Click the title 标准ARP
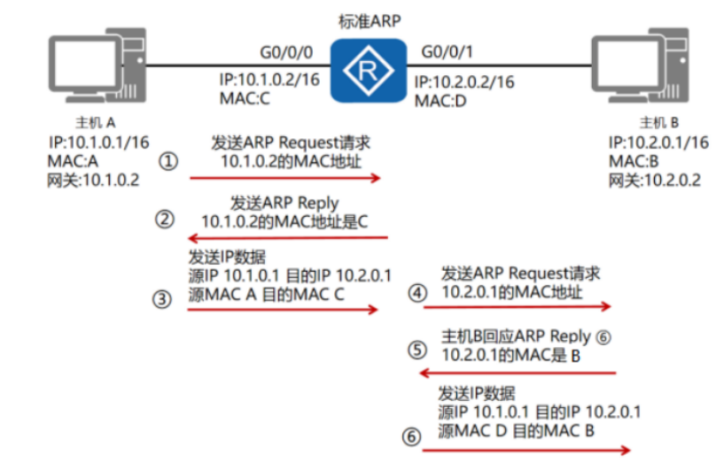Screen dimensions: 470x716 coord(367,19)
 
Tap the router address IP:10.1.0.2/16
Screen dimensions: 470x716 coord(268,81)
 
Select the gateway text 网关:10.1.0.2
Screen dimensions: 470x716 coord(94,180)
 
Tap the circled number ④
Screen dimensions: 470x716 coord(417,292)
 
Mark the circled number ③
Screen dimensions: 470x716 coord(161,299)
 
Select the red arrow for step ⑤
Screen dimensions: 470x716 coord(517,373)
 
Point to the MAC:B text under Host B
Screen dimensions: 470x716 coord(634,162)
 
